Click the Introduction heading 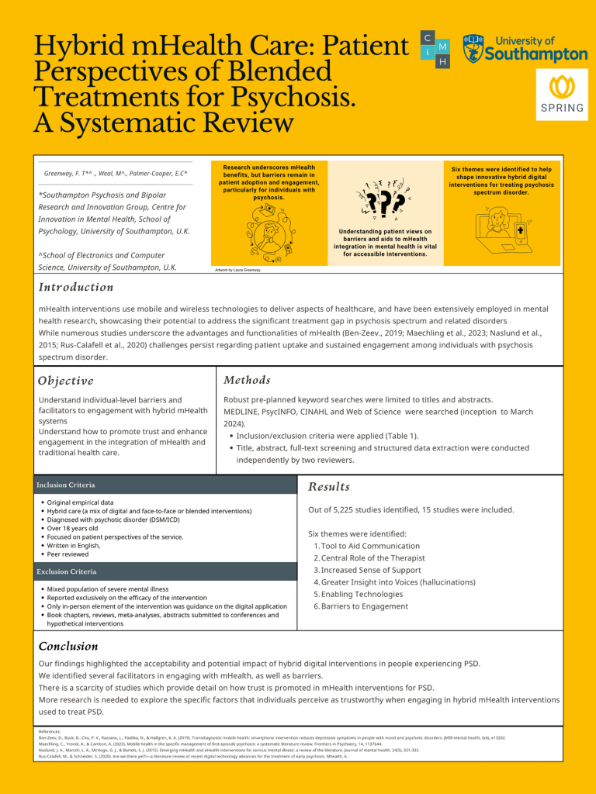[76, 287]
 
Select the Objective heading [66, 381]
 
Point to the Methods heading [247, 380]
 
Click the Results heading [329, 486]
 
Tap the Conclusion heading [68, 646]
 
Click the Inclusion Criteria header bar [67, 485]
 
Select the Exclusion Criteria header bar [67, 571]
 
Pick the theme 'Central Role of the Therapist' [362, 558]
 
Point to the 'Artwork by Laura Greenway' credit [239, 270]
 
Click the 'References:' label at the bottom [50, 730]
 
